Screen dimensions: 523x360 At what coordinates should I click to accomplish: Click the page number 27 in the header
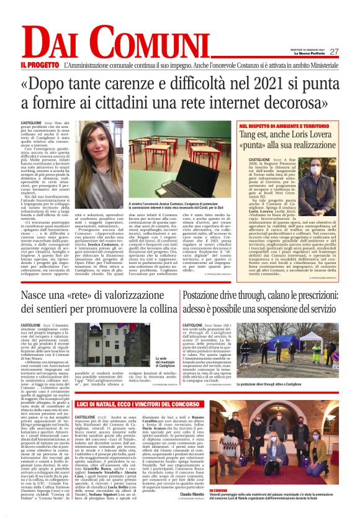(334, 52)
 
